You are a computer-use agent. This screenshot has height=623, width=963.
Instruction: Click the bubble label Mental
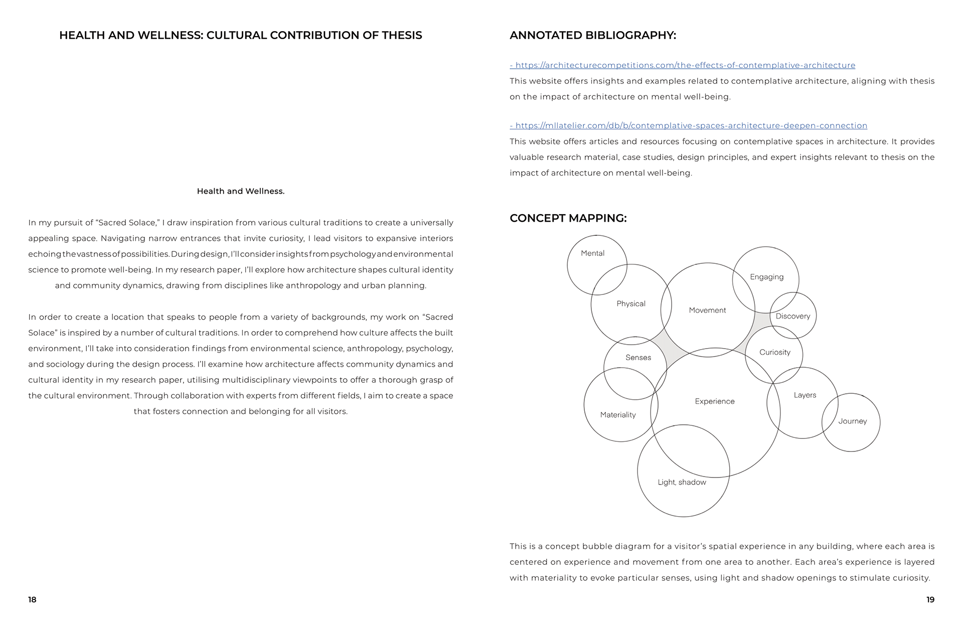tap(592, 253)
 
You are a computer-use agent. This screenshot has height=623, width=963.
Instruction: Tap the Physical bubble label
tap(630, 303)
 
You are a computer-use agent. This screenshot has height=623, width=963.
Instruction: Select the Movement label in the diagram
tap(707, 310)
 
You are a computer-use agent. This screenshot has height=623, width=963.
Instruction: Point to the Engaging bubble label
tap(766, 277)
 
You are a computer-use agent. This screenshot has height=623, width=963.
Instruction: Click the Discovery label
tap(792, 316)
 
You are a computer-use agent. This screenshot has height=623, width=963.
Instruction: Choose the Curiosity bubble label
tap(774, 352)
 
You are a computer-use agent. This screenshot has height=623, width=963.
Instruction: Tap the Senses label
tap(638, 358)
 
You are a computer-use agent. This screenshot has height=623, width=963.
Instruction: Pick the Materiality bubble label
tap(617, 415)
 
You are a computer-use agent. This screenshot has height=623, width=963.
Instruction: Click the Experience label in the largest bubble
tap(714, 401)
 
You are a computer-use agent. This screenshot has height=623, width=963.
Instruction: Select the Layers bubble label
tap(805, 395)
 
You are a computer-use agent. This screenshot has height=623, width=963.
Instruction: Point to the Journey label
tap(852, 421)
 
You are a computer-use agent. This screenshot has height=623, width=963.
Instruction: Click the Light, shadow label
tap(682, 483)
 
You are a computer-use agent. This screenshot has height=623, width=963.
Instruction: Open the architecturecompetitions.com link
tap(685, 65)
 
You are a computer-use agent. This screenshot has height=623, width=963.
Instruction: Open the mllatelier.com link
tap(691, 125)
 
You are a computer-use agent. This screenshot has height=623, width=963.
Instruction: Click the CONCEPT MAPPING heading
tap(568, 218)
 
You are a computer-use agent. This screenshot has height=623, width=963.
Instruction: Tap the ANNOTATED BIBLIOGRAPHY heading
tap(592, 35)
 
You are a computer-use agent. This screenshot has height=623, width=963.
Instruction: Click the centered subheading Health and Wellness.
tap(240, 191)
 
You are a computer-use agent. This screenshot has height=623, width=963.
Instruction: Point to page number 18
tap(32, 600)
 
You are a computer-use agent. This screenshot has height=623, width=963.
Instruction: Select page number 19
tap(930, 600)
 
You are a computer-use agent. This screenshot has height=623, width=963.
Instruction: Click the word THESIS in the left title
tap(402, 35)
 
